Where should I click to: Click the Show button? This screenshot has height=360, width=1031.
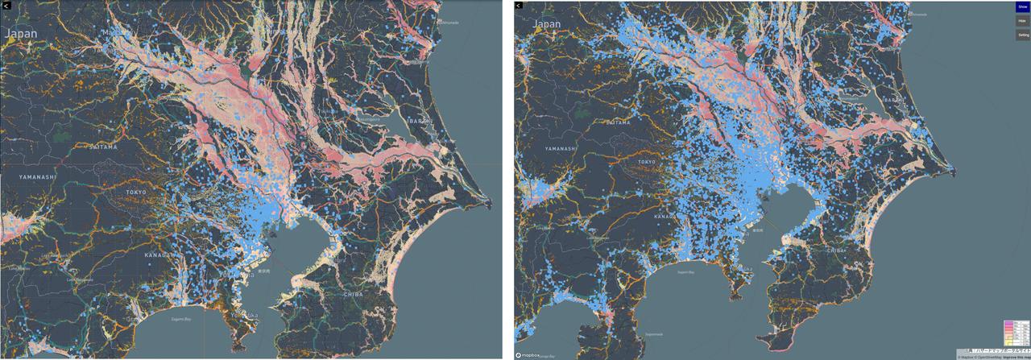pyautogui.click(x=1022, y=7)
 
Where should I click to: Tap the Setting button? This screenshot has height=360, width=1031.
pyautogui.click(x=1022, y=35)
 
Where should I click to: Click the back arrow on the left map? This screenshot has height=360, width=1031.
pyautogui.click(x=5, y=5)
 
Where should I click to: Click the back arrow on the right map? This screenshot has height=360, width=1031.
pyautogui.click(x=520, y=5)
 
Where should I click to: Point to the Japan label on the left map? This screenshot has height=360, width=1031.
pyautogui.click(x=21, y=33)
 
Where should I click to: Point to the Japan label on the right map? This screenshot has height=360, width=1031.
pyautogui.click(x=547, y=24)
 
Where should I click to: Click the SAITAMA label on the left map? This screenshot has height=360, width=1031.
pyautogui.click(x=103, y=147)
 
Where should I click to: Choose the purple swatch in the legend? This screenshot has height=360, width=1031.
pyautogui.click(x=1007, y=323)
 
